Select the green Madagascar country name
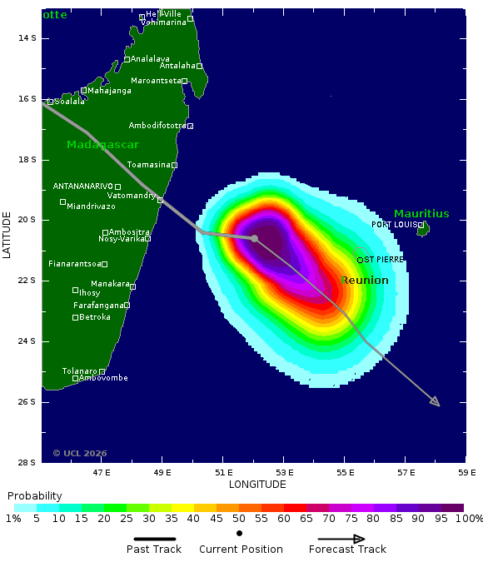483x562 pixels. click(102, 145)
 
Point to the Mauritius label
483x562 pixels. click(421, 214)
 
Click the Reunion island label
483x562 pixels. click(364, 281)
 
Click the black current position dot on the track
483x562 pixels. click(254, 238)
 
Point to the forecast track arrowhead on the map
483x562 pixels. click(436, 403)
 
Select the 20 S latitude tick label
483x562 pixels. click(26, 220)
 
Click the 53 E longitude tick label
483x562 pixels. click(284, 472)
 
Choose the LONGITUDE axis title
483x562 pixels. click(257, 484)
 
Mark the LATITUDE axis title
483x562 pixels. click(7, 234)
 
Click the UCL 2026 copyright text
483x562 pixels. click(80, 453)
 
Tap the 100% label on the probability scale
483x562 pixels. click(469, 519)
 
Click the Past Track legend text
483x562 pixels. click(154, 550)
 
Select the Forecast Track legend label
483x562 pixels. click(347, 550)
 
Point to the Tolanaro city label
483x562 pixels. click(79, 371)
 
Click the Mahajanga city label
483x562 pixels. click(110, 91)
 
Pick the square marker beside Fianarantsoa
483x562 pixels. click(104, 264)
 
